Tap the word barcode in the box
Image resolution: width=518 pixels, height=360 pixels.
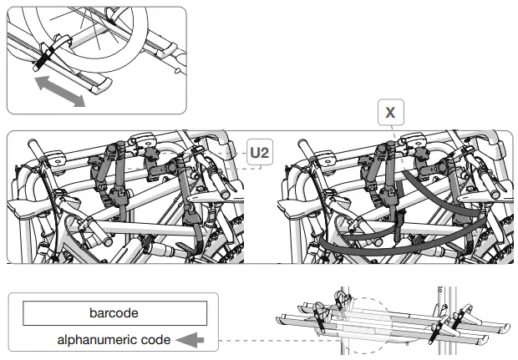click(x=114, y=313)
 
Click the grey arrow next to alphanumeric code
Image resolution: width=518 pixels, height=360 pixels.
click(x=193, y=340)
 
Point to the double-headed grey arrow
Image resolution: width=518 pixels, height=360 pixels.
click(x=60, y=89)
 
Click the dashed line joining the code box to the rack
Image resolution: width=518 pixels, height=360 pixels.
click(x=251, y=340)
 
